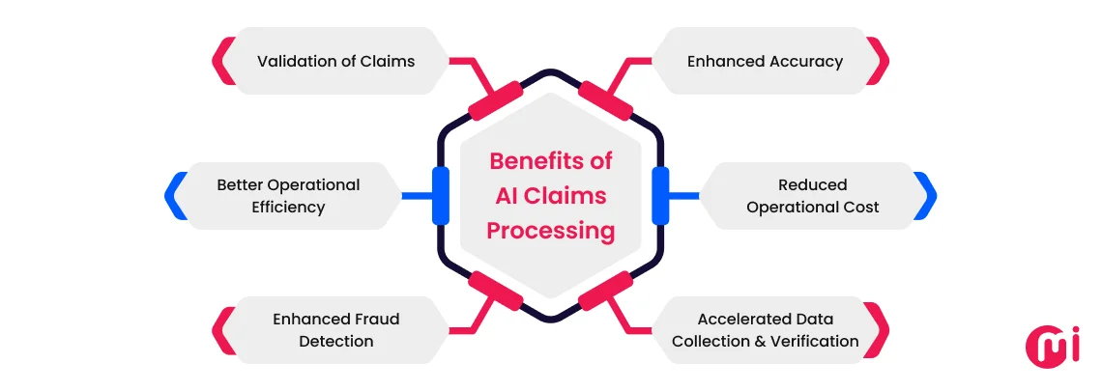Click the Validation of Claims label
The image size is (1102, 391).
335,61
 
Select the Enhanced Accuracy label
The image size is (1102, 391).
765,61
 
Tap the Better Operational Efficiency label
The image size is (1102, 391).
287,196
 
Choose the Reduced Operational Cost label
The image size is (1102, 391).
812,196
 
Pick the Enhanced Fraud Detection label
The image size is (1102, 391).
335,329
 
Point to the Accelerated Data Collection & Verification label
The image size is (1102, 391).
765,329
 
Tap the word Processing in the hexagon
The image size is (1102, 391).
550,231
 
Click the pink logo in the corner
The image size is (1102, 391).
1052,343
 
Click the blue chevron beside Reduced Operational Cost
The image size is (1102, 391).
926,196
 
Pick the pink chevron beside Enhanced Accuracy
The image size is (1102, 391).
879,61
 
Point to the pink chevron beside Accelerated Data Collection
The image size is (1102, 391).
879,329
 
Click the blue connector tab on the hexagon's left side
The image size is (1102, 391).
441,196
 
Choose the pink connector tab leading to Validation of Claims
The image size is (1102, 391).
495,101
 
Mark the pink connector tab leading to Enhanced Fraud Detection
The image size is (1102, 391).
495,291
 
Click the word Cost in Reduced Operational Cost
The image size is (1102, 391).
861,208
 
